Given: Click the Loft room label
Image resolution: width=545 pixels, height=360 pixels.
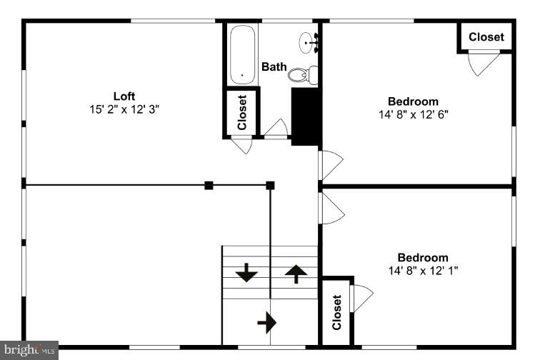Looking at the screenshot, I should tap(124, 96).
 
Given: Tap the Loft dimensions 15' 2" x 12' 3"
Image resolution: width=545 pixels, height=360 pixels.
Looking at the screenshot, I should tap(124, 109).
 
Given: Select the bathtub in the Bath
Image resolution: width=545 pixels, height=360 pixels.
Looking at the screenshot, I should tap(242, 54).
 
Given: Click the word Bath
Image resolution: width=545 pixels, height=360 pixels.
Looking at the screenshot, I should tap(274, 66).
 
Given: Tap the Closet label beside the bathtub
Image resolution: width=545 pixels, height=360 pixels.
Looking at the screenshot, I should tap(241, 112).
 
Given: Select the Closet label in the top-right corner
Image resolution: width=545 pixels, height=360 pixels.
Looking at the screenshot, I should tap(486, 37).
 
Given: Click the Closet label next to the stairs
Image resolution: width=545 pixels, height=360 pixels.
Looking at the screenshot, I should tap(336, 312).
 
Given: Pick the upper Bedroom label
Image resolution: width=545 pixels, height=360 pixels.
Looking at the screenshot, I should tap(413, 101).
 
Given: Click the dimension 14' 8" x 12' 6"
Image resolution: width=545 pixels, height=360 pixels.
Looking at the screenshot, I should tap(413, 114).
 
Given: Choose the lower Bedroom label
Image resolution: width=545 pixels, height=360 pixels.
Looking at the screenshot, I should tap(423, 257).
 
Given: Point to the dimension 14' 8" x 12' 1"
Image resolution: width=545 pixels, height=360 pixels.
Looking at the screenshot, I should tap(423, 270).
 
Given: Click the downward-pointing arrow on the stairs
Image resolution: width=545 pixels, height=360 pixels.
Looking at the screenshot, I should tap(246, 272).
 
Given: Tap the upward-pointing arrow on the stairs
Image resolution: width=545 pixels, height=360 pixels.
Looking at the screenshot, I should tap(296, 273).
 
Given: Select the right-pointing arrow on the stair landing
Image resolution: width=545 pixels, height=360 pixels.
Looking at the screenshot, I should tap(266, 323).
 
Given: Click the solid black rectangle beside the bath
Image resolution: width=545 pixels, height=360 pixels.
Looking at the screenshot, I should tap(306, 116).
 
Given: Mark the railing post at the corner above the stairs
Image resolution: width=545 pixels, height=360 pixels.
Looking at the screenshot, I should tap(270, 185).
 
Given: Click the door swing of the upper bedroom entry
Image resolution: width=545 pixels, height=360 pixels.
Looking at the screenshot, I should tap(331, 165).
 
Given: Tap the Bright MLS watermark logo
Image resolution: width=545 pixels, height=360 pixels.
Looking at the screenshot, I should tap(29, 349).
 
